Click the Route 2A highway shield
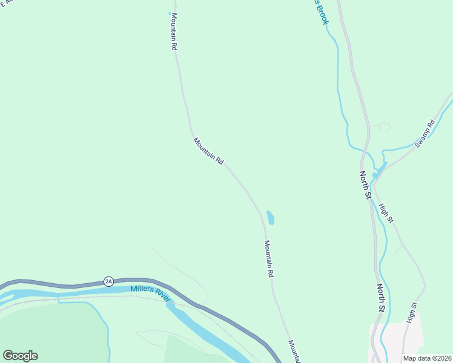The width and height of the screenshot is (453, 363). click(108, 281)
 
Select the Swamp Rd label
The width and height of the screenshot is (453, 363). click(425, 134)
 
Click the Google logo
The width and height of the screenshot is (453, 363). click(20, 356)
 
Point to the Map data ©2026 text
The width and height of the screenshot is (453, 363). click(427, 358)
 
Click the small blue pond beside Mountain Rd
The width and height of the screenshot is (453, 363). click(270, 217)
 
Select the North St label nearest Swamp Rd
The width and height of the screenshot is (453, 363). click(365, 185)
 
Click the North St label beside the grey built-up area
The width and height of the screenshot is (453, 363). click(380, 298)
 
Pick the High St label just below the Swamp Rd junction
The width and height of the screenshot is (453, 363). click(386, 211)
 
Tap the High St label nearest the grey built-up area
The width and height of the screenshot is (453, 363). click(413, 312)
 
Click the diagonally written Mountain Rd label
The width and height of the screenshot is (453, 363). click(208, 151)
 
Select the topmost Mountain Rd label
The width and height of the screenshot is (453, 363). click(174, 31)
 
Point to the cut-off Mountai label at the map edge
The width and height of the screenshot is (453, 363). click(294, 351)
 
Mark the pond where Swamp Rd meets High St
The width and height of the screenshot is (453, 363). click(377, 174)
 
